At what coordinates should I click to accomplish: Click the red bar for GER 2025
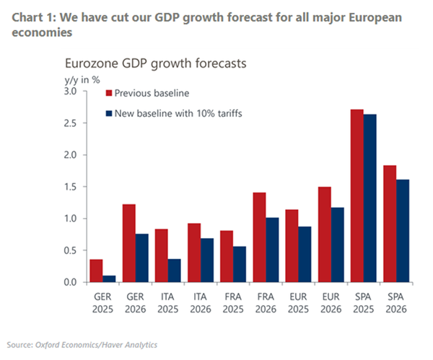click(96, 271)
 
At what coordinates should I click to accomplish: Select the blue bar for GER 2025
click(110, 278)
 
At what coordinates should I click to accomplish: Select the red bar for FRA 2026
click(258, 237)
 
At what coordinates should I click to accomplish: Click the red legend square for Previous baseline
click(109, 93)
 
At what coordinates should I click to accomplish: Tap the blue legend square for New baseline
click(109, 113)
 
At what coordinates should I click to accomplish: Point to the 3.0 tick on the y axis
click(71, 92)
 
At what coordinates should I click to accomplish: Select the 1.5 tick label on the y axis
click(71, 187)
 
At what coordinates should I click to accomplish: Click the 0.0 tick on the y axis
click(71, 282)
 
